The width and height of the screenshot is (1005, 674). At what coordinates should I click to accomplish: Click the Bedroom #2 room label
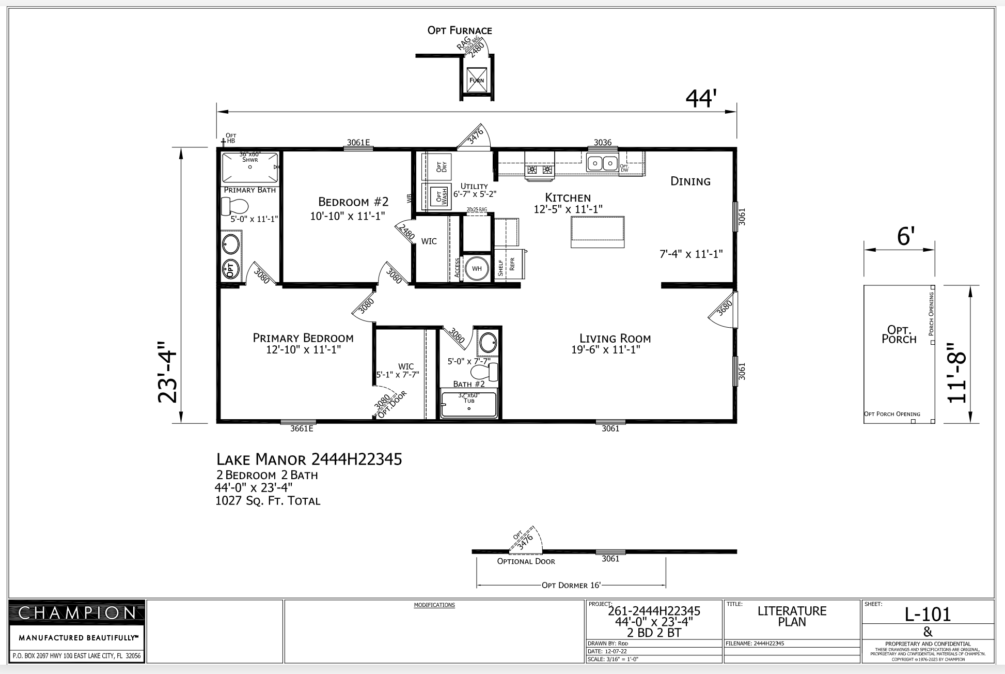coord(353,202)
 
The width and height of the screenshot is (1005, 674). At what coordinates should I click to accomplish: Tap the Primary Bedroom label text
coord(303,338)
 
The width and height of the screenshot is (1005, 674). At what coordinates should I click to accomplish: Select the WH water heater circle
coord(476,268)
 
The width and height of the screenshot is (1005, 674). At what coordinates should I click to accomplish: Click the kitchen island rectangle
coord(597,232)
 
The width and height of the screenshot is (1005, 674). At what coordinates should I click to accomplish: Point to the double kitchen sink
coord(602,163)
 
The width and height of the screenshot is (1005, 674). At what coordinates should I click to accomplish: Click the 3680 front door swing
coord(721,310)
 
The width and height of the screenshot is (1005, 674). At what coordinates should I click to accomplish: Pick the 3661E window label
coord(302,428)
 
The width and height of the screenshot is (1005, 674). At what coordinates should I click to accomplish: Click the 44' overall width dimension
coord(701,99)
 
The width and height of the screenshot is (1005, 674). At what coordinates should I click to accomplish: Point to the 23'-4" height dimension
coord(168,371)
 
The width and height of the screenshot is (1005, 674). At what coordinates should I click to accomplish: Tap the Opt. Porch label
coord(899,334)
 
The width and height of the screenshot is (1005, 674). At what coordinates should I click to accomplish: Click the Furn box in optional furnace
coord(476,80)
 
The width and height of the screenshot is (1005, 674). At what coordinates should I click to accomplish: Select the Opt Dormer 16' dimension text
coord(571,585)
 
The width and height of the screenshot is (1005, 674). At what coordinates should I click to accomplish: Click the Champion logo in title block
coord(77,613)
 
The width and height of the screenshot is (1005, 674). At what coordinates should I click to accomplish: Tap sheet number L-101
coord(928,614)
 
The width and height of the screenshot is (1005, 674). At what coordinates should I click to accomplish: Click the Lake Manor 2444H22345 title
coord(309,459)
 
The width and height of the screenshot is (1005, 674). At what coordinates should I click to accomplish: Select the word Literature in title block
coord(792,611)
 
